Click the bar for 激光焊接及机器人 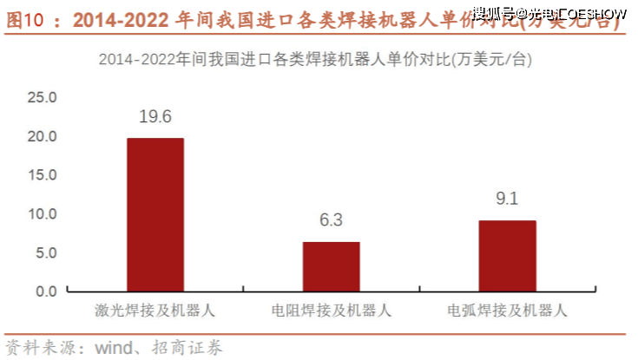[x=155, y=214]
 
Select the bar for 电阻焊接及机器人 [x=331, y=266]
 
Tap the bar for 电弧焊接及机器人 [x=507, y=256]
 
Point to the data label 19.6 [x=155, y=116]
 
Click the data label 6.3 [x=331, y=220]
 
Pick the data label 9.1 [x=507, y=200]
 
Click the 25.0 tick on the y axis [x=42, y=97]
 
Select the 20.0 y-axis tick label [x=42, y=136]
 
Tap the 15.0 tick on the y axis [x=42, y=175]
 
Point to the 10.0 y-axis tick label [x=42, y=213]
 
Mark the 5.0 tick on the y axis [x=44, y=252]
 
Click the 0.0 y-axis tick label [x=44, y=291]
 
